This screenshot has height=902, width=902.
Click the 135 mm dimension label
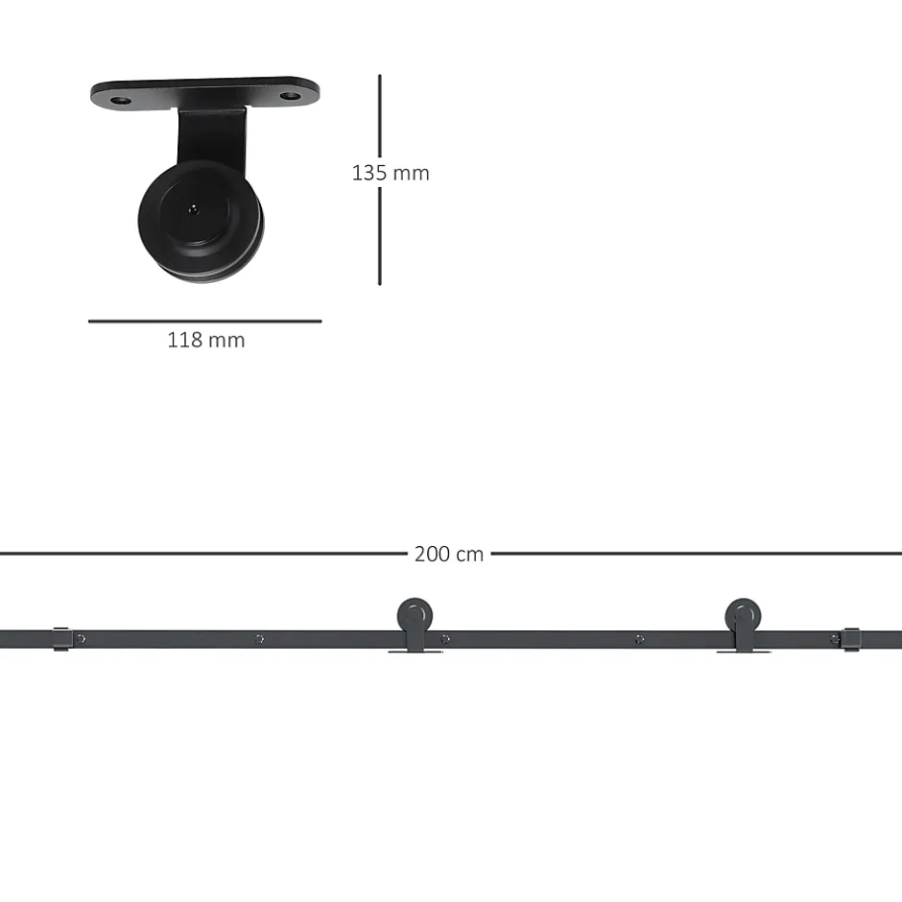coord(391,173)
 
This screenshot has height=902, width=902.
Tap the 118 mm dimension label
coord(206,340)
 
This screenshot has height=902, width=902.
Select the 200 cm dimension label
coord(449,554)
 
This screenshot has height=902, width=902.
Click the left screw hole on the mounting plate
coord(120,102)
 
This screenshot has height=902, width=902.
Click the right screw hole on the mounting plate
coord(290,96)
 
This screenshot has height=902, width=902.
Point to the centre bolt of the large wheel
coord(194,209)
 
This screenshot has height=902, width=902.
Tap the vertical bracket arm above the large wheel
coord(212,136)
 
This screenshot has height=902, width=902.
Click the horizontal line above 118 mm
coord(204,321)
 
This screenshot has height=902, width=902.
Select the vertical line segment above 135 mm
coord(380,115)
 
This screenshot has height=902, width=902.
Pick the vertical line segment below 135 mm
coord(380,236)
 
